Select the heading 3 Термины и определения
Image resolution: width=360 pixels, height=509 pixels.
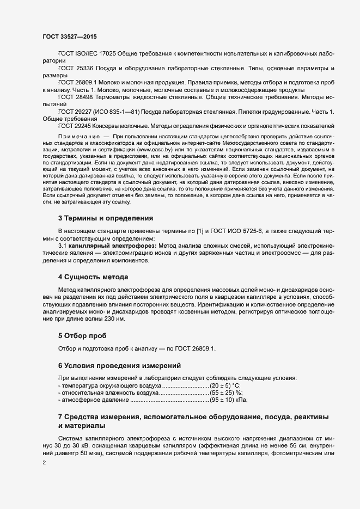tap(105, 218)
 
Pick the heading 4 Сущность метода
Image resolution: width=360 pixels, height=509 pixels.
tap(93, 277)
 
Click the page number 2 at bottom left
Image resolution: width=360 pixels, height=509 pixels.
tap(44, 463)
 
